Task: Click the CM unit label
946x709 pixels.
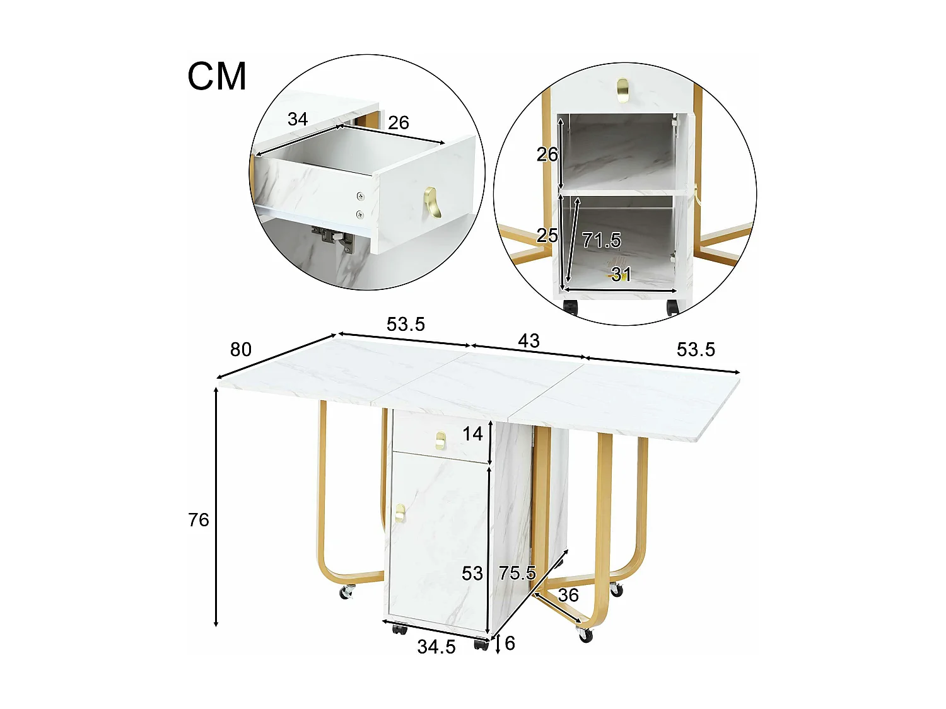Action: pos(217,76)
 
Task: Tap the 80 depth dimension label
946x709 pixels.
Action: pos(240,349)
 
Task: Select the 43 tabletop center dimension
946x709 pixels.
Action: pos(528,341)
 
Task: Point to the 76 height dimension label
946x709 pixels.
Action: pos(198,519)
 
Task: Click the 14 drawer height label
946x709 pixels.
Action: pos(472,434)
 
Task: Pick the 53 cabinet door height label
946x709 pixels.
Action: pos(472,574)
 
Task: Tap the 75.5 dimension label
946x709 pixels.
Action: pos(517,573)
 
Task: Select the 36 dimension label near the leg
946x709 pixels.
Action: pos(568,595)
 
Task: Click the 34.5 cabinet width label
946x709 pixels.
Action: pos(436,647)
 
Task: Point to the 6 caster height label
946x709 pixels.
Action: pos(510,643)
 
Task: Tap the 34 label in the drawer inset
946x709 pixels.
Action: pos(297,118)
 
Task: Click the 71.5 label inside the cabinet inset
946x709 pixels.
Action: pos(601,240)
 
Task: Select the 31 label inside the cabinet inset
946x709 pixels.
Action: pos(621,274)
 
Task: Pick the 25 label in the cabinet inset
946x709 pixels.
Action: pos(547,235)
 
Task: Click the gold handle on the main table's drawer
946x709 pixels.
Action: pos(440,440)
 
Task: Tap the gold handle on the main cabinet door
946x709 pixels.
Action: pos(400,513)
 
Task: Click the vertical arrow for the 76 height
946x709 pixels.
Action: pos(216,507)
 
